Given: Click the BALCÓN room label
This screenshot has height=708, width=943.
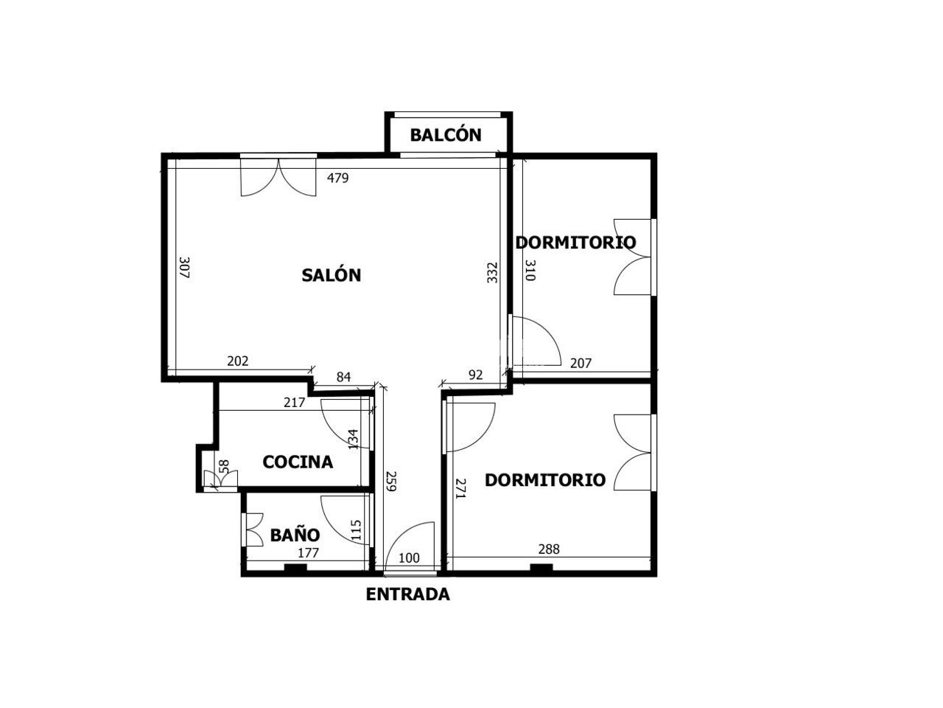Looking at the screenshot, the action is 446,134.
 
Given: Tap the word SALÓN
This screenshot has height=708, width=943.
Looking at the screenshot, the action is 331,274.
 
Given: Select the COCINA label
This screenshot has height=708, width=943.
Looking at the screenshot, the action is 298,462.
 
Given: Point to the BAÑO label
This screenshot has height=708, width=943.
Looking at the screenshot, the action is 295,535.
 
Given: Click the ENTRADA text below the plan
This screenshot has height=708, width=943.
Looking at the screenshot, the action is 407,594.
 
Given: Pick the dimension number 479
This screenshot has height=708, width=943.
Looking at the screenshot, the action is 337,178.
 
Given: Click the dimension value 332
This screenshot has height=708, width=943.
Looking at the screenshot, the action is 492,273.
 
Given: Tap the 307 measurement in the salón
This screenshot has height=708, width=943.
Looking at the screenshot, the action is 184,268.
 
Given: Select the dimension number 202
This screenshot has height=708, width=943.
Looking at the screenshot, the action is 237,361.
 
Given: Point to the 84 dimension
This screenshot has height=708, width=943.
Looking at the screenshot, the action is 343,377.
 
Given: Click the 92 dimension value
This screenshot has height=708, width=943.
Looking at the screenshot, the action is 476,375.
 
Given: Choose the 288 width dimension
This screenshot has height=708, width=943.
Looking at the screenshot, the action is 549,549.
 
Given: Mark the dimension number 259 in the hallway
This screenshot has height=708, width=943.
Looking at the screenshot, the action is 391,481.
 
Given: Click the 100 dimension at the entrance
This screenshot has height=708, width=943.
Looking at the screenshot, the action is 409,558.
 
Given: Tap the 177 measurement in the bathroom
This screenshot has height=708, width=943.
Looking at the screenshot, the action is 308,553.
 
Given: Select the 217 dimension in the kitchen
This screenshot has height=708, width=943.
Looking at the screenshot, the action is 294,403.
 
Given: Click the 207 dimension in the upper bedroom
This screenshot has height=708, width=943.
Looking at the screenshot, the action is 581,364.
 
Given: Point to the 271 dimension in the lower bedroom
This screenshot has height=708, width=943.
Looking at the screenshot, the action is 460,488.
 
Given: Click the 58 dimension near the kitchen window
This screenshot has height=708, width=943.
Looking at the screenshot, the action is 224,467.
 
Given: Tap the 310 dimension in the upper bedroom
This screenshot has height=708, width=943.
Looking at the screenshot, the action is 530,271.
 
